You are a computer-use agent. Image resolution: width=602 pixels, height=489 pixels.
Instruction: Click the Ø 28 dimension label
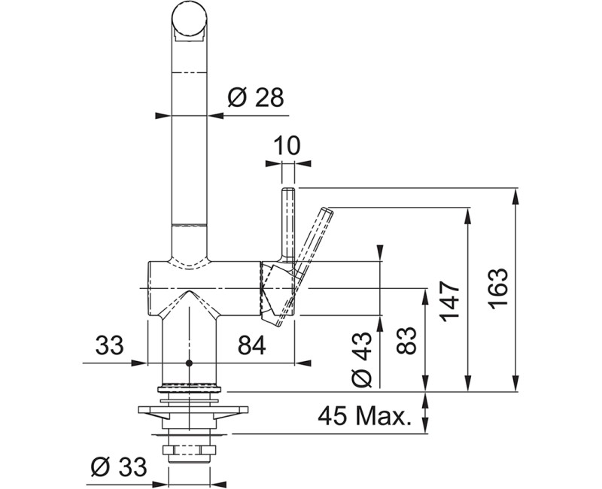tap(255, 98)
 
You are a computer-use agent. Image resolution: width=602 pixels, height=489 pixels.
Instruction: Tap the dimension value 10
tap(287, 145)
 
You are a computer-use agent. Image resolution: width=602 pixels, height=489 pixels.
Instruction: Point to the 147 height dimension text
tap(450, 302)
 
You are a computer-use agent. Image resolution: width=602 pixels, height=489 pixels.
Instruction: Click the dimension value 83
tap(406, 341)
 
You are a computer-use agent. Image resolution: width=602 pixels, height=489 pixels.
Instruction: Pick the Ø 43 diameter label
tap(362, 359)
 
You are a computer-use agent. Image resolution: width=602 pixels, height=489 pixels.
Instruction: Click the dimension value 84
tap(251, 345)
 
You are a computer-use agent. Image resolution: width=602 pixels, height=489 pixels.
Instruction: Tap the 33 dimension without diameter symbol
tap(109, 345)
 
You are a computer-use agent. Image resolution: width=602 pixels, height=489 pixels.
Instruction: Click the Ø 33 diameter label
tap(119, 466)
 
